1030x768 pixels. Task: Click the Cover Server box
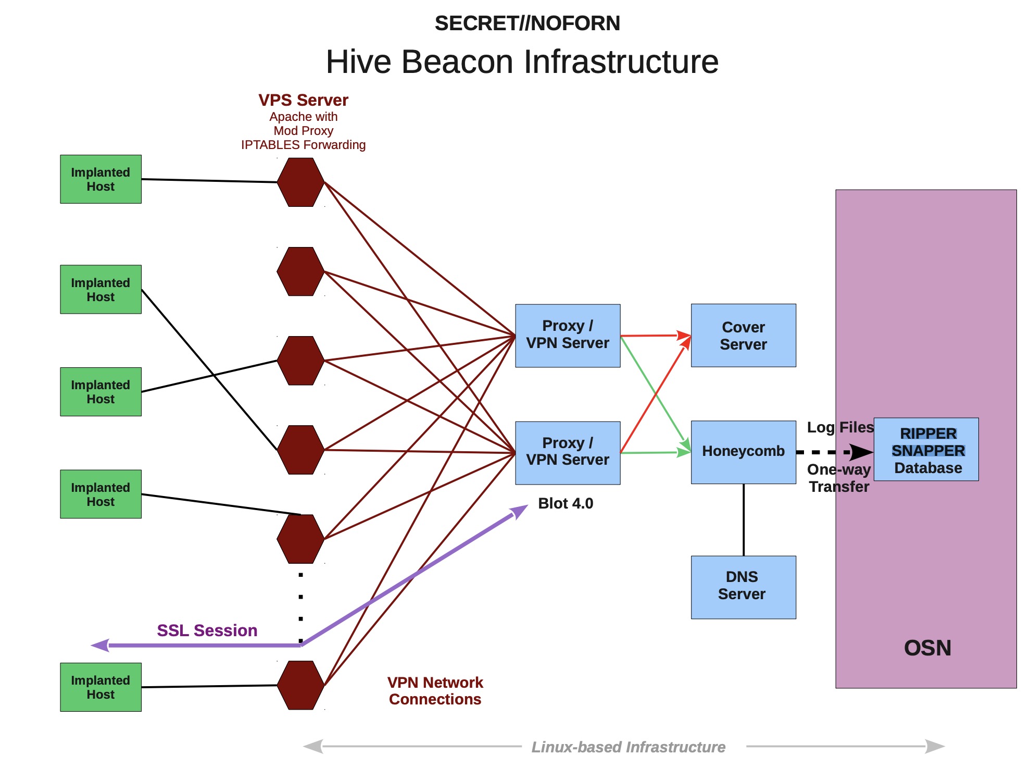[743, 336]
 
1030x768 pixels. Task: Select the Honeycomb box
[743, 452]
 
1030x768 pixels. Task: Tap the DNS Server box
[743, 587]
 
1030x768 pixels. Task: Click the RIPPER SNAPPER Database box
[926, 449]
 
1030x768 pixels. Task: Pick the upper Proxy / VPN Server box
[568, 336]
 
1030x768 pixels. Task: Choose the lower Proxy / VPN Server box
[568, 453]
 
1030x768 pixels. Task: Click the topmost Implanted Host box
[101, 179]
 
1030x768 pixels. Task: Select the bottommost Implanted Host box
[101, 687]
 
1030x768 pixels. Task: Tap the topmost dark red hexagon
[300, 182]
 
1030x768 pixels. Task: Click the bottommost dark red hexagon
[300, 685]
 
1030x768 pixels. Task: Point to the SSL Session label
[207, 630]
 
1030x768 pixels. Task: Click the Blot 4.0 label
[566, 503]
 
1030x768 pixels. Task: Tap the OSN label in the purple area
[927, 648]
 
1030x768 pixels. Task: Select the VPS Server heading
[303, 100]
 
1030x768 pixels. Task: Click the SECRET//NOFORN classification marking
[527, 23]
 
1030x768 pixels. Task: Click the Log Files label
[840, 427]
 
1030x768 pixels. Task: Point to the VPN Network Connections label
[435, 690]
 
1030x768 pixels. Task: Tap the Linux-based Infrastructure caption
[628, 747]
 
